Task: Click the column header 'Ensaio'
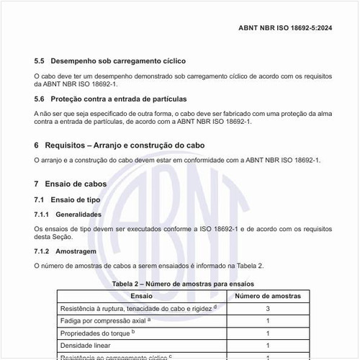[141, 295]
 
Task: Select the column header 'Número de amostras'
[268, 295]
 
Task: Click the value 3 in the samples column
[268, 308]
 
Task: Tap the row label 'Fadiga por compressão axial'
[104, 320]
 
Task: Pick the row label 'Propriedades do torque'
[98, 333]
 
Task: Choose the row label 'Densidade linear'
[87, 346]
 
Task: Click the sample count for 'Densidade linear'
[268, 346]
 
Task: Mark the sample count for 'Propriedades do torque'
[268, 333]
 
